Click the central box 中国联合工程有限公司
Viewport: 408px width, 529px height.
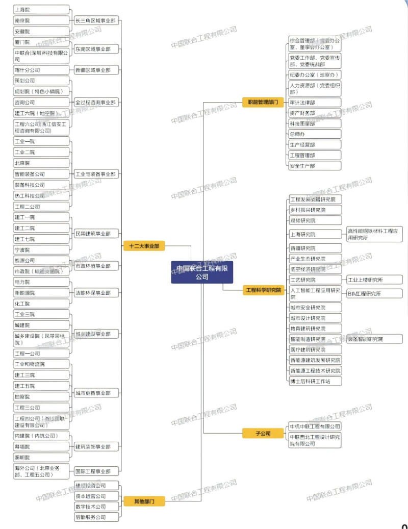202,272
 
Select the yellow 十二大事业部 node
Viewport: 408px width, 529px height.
144,246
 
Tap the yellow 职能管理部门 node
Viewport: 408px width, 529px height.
263,103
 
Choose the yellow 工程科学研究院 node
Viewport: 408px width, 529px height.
263,290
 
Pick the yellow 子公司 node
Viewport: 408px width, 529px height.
263,434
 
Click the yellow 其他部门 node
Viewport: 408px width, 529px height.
144,501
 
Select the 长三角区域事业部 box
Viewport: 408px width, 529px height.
96,21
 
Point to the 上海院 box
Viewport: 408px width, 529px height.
41,10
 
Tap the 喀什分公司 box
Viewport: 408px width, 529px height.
41,70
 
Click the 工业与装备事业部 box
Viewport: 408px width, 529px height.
96,174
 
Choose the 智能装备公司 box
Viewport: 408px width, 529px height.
41,174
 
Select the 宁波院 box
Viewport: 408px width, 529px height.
41,250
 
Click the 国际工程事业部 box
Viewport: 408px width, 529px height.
96,471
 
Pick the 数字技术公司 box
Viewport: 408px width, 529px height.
96,507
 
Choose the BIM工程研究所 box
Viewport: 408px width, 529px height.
374,293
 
